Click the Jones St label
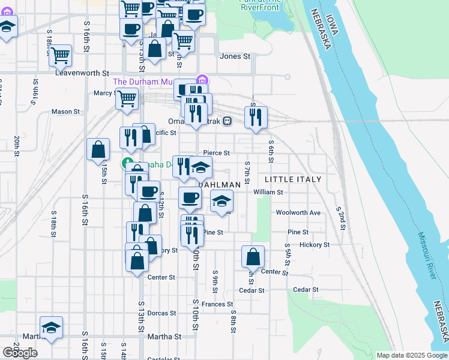click(235, 56)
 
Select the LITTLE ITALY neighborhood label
click(293, 179)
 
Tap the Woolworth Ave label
click(298, 212)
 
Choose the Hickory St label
click(315, 245)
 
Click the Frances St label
click(217, 305)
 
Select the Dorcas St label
click(161, 313)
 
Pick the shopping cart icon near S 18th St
click(60, 55)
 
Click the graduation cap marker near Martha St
click(52, 328)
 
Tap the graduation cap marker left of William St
click(222, 201)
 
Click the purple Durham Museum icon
click(202, 80)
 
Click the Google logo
click(20, 353)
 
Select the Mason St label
click(65, 112)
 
